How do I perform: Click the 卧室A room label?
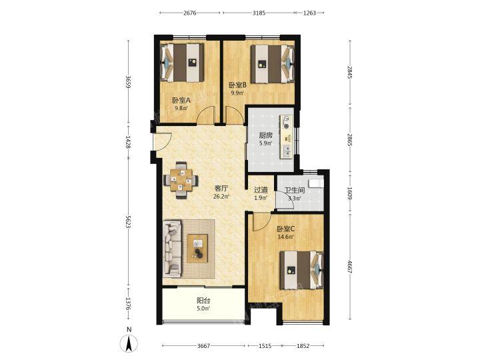tap(181, 100)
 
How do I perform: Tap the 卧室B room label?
tap(238, 85)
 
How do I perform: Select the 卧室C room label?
tap(285, 229)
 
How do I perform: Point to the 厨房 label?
tap(266, 135)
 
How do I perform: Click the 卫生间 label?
tap(295, 190)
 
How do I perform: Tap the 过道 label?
tap(261, 190)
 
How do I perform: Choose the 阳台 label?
tap(203, 301)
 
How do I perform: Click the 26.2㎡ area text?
tap(221, 196)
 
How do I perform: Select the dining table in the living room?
tap(181, 180)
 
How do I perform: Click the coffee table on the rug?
tap(197, 248)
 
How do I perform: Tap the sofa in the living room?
tap(172, 249)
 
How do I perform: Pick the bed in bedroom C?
tap(302, 270)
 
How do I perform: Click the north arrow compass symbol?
tap(129, 343)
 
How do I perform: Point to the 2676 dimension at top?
tap(190, 13)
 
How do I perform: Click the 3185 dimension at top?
tap(259, 13)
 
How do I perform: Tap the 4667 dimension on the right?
tap(350, 267)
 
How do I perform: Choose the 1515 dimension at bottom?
tap(265, 346)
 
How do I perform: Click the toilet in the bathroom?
tap(316, 183)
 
